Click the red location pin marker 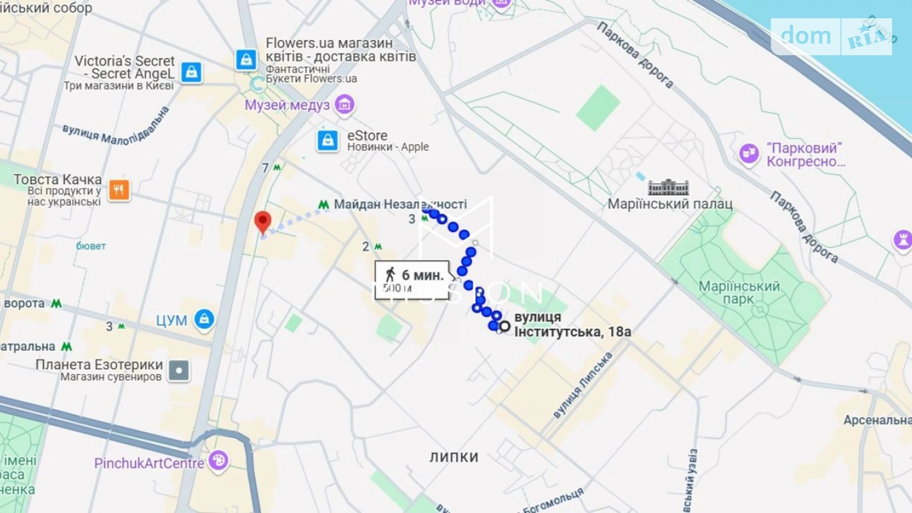(263, 221)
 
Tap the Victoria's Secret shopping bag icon (191, 72)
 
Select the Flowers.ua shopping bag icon (246, 60)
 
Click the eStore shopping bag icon (327, 141)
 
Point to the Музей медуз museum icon (344, 105)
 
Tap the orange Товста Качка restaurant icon (119, 190)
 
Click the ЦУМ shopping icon (204, 319)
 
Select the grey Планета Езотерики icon (178, 370)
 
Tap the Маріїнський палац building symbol (668, 187)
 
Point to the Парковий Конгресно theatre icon (749, 153)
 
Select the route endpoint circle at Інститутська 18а (504, 326)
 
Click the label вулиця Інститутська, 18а (572, 325)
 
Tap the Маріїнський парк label (739, 293)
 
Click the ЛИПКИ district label (454, 457)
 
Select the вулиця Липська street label (583, 385)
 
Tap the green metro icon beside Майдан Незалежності (323, 204)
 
